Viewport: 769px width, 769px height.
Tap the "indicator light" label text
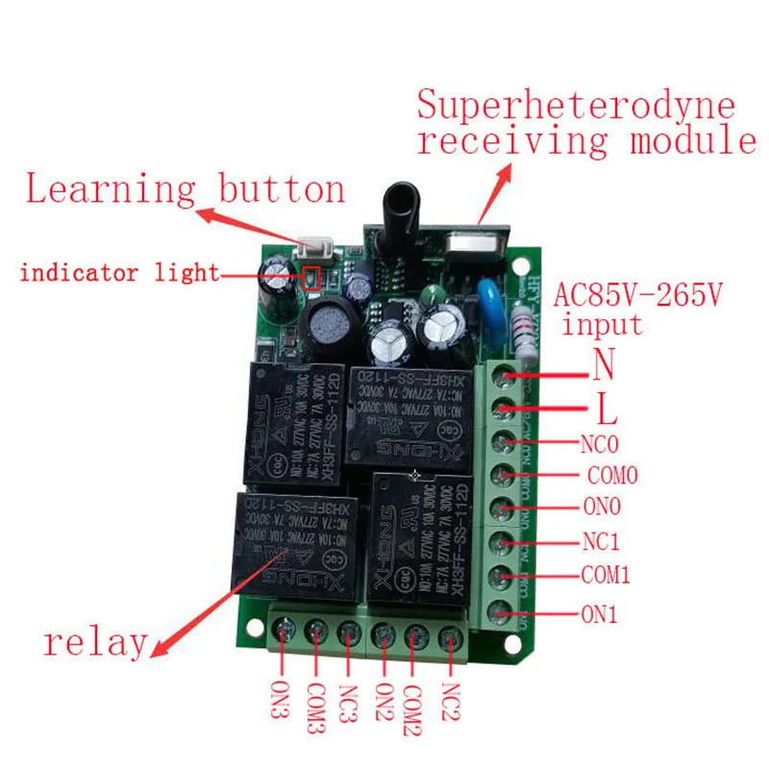(120, 273)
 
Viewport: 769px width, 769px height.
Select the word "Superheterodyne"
(575, 105)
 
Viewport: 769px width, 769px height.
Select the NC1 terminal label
(606, 542)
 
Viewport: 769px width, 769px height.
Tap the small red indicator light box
(311, 279)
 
